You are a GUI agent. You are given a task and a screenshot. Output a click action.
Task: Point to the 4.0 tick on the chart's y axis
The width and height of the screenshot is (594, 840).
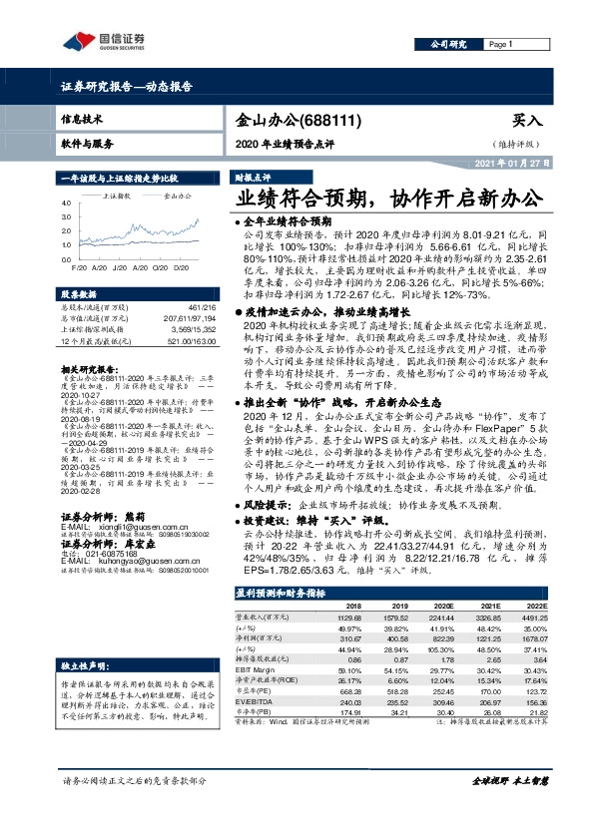point(67,203)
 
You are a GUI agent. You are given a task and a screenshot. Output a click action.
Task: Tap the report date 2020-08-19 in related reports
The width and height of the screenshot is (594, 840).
point(81,421)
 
